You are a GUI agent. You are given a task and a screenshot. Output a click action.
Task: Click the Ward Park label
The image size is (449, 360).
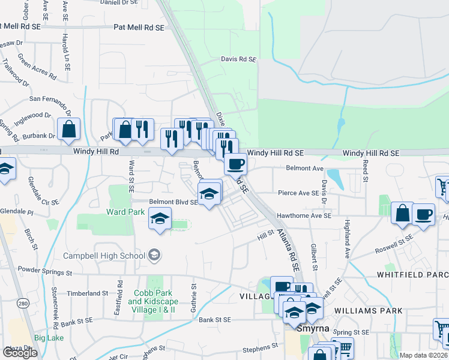(125, 212)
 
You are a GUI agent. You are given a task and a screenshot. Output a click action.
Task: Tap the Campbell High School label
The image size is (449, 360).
(112, 256)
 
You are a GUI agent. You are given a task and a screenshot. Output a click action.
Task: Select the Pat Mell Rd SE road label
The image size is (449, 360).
(139, 28)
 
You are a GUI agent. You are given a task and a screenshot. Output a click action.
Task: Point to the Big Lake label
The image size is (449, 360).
(49, 338)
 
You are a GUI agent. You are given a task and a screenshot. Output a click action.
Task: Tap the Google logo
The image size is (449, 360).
(20, 353)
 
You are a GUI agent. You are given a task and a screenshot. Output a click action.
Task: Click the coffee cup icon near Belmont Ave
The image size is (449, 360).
(235, 164)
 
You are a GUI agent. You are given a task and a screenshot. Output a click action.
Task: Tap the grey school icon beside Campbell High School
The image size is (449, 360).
(155, 256)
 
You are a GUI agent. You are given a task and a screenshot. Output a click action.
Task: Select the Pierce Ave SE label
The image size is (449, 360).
(298, 193)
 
